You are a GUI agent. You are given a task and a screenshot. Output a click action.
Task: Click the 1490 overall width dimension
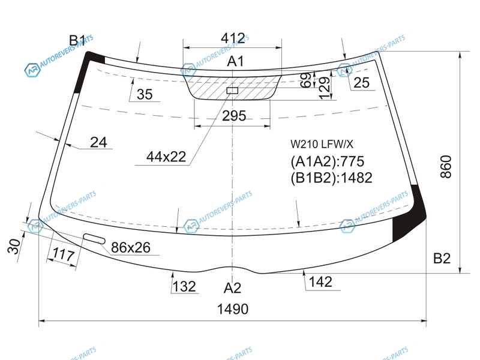233,309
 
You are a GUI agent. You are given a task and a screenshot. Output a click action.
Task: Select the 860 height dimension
446,167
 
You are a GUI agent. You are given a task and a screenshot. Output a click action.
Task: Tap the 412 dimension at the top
233,38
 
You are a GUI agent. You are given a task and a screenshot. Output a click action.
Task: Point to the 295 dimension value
234,116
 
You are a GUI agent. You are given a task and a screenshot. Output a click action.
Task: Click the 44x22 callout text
166,157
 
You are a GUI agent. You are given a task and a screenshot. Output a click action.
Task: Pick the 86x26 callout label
131,247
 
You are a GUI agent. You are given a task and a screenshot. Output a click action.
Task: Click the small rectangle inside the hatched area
232,91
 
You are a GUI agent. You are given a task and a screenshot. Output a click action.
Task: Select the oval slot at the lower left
95,239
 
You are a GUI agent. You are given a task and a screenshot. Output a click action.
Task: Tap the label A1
235,61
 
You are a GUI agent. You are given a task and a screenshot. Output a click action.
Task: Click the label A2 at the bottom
232,288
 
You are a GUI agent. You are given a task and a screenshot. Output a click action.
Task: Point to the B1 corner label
77,40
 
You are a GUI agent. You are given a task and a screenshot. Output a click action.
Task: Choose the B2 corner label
442,259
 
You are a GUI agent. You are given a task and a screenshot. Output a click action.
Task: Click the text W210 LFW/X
322,144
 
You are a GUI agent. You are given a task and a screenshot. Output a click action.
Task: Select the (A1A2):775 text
327,161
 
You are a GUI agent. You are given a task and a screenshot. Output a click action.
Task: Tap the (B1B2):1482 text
331,178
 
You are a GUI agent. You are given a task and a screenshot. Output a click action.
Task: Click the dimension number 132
184,287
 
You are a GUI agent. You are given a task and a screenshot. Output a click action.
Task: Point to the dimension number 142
320,281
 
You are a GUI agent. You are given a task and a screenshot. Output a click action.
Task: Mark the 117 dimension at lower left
64,254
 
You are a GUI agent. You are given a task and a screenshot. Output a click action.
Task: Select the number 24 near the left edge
98,142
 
